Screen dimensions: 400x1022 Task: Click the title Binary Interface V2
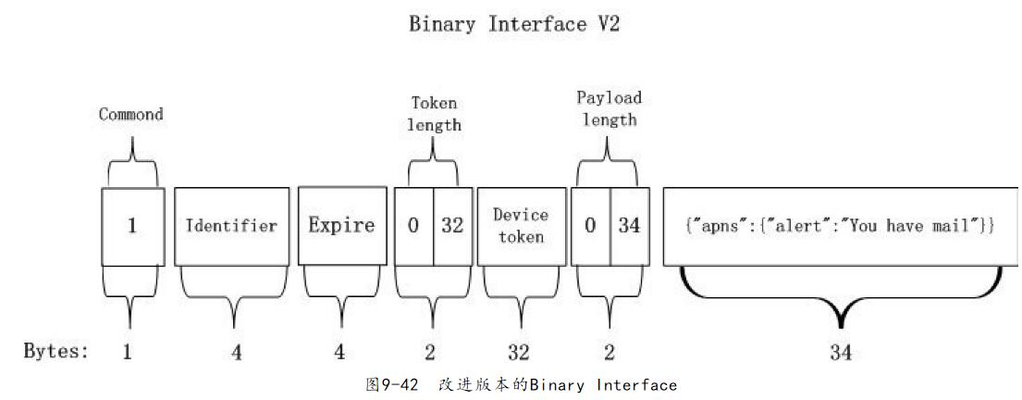(513, 25)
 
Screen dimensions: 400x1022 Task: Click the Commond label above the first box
(130, 115)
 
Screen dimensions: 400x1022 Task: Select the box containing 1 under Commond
(132, 226)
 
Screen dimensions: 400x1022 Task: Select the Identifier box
(231, 226)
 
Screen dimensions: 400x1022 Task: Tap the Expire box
(341, 226)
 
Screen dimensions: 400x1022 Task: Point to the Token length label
(434, 114)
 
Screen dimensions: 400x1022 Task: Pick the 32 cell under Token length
(452, 226)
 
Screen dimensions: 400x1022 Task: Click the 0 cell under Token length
(414, 226)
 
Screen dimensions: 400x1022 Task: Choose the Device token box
(521, 226)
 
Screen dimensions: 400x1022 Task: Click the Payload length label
(609, 108)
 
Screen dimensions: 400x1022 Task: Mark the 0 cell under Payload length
(590, 226)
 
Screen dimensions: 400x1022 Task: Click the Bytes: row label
(55, 352)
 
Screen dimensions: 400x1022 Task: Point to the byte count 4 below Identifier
(237, 353)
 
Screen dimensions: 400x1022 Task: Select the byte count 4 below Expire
(340, 353)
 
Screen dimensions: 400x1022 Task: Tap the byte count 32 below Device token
(519, 353)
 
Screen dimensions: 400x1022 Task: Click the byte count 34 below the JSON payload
(841, 353)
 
